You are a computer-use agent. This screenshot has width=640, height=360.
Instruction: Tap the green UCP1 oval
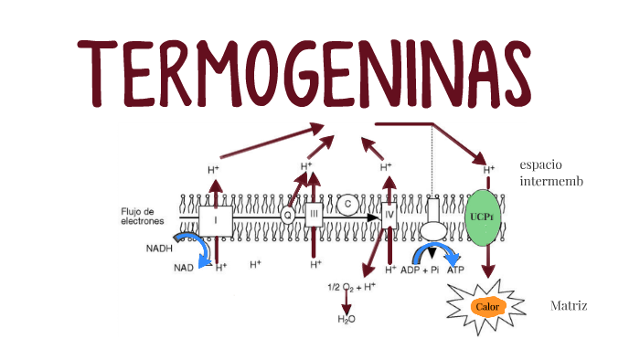click(485, 217)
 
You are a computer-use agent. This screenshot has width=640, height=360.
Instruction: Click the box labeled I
click(216, 219)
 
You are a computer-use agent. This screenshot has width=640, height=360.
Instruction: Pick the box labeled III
click(315, 216)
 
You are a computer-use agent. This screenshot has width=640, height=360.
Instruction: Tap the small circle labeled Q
click(288, 217)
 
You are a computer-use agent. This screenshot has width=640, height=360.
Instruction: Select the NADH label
click(159, 248)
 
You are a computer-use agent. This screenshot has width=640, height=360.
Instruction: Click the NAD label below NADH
click(184, 268)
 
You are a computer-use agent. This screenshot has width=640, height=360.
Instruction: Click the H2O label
click(347, 319)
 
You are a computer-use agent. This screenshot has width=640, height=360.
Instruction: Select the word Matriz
click(569, 305)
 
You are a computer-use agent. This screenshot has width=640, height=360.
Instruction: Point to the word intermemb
click(550, 181)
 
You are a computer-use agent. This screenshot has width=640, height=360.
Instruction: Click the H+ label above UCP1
click(488, 169)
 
